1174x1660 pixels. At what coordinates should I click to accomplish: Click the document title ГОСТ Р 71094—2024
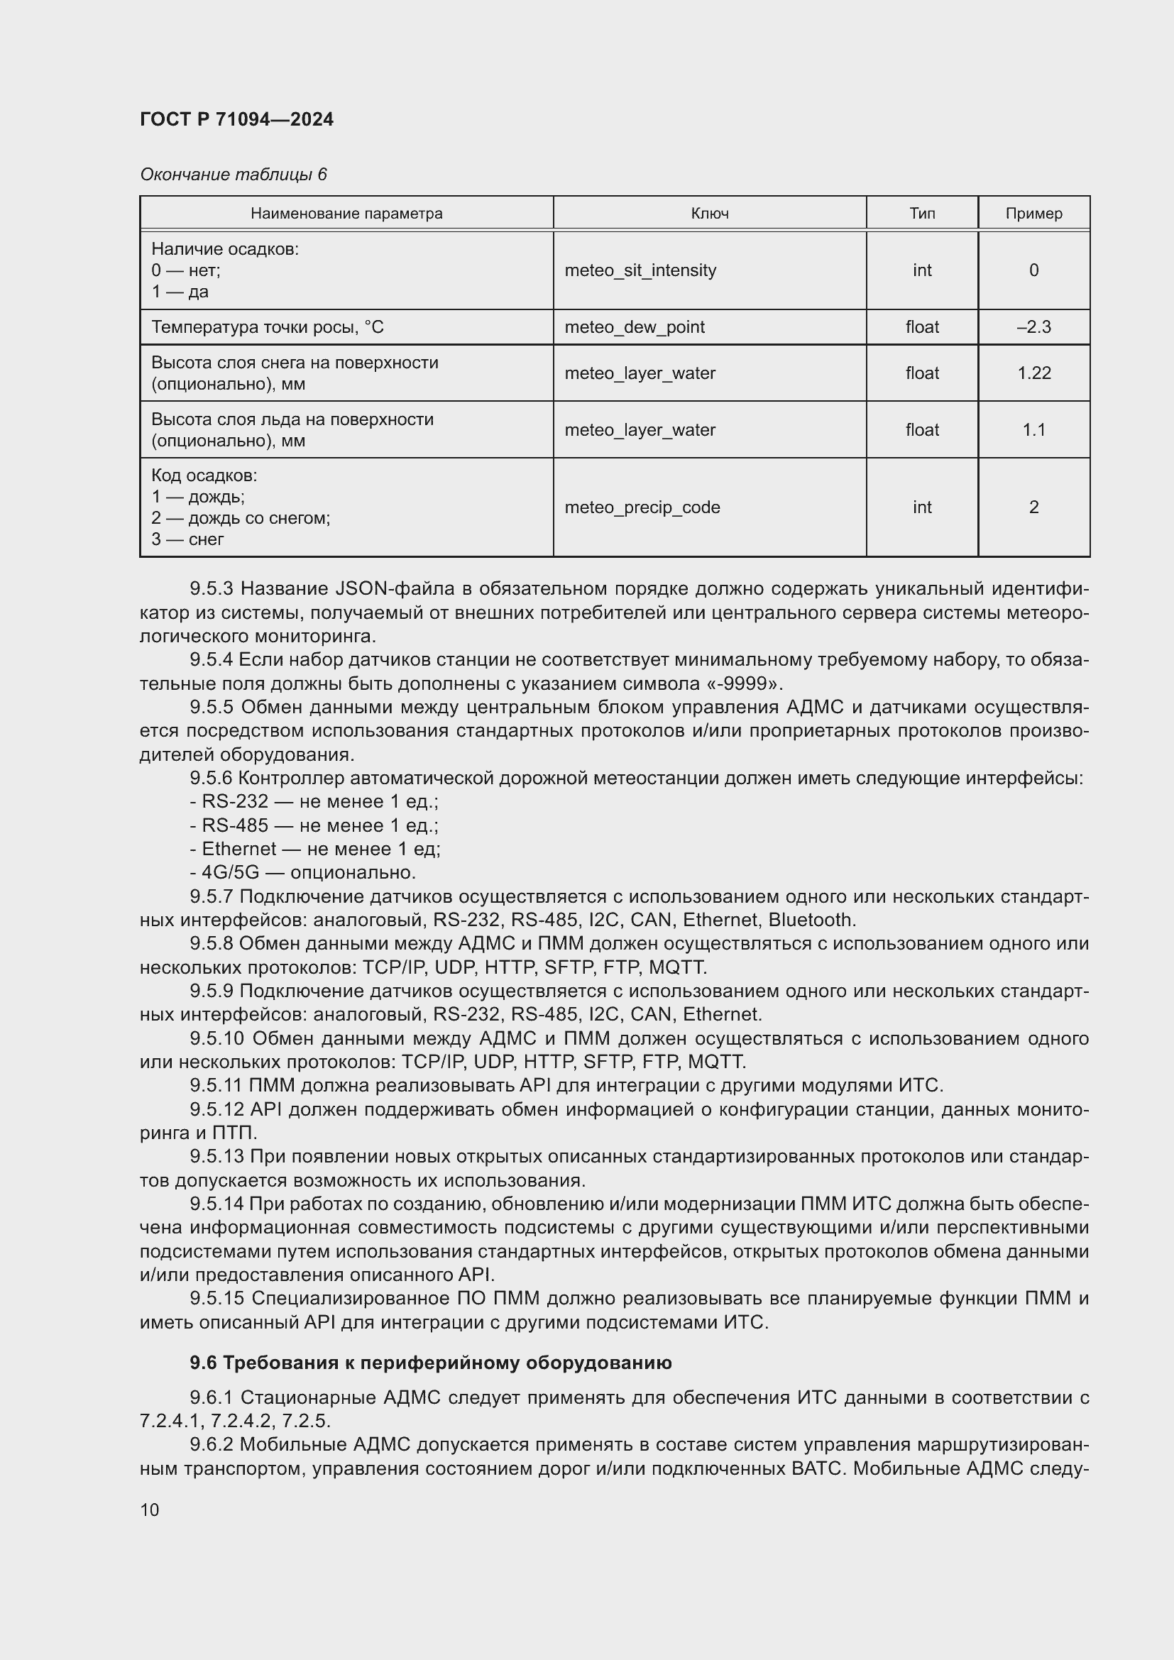point(236,119)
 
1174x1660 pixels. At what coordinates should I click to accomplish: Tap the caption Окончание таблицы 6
point(233,175)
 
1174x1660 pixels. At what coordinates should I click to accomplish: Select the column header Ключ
point(709,214)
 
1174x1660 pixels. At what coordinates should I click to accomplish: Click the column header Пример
point(1033,214)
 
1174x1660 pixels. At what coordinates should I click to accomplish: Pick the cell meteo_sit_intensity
point(640,270)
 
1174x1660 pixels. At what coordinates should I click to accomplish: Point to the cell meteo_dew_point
point(634,326)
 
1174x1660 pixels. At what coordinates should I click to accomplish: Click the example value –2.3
point(1033,326)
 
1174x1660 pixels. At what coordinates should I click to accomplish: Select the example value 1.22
point(1033,373)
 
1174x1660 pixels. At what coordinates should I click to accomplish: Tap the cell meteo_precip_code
point(642,507)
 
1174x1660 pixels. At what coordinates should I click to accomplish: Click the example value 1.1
point(1033,429)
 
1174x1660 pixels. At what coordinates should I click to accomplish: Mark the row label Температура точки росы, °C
point(268,326)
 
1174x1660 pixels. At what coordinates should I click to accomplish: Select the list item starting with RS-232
point(314,801)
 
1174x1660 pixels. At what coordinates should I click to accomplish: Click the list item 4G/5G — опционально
point(303,872)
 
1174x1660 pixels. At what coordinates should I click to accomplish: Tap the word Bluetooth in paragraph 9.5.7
point(811,920)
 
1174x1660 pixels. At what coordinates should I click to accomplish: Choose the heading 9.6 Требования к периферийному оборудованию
point(430,1363)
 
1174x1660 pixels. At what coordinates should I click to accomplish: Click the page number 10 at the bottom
point(150,1510)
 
